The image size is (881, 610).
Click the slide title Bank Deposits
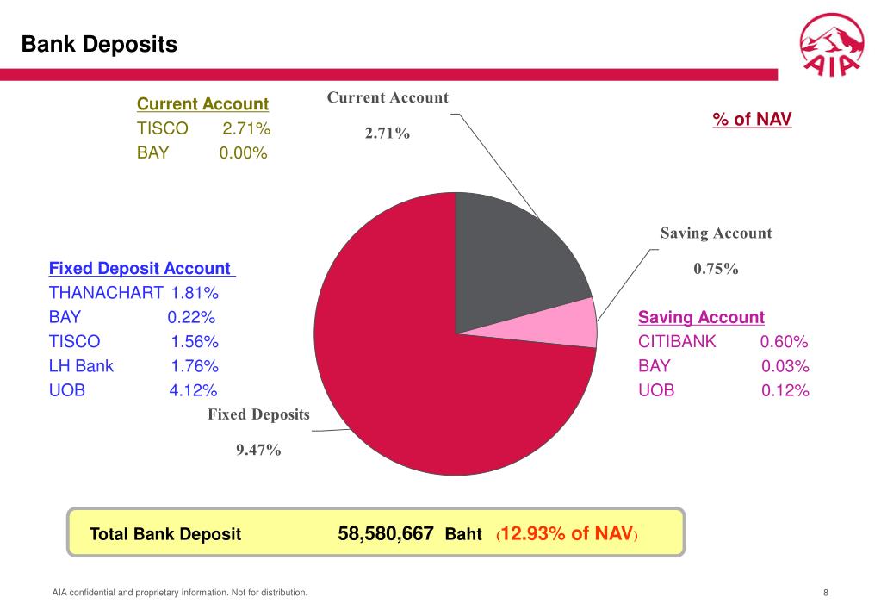(99, 44)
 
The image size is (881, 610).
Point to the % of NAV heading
(752, 119)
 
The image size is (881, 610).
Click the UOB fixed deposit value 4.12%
(193, 390)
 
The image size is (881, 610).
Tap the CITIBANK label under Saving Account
(677, 341)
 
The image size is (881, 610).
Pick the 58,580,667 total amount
(385, 533)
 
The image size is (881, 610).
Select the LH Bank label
(81, 366)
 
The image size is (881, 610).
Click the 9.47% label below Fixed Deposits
(259, 449)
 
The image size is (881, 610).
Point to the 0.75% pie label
(717, 269)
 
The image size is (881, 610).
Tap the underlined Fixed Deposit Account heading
(140, 269)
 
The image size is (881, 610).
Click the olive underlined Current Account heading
(202, 104)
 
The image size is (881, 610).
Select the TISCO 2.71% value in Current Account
(246, 129)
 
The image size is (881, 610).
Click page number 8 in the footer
(826, 592)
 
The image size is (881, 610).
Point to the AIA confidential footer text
(179, 592)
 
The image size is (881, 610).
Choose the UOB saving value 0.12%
(785, 390)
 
